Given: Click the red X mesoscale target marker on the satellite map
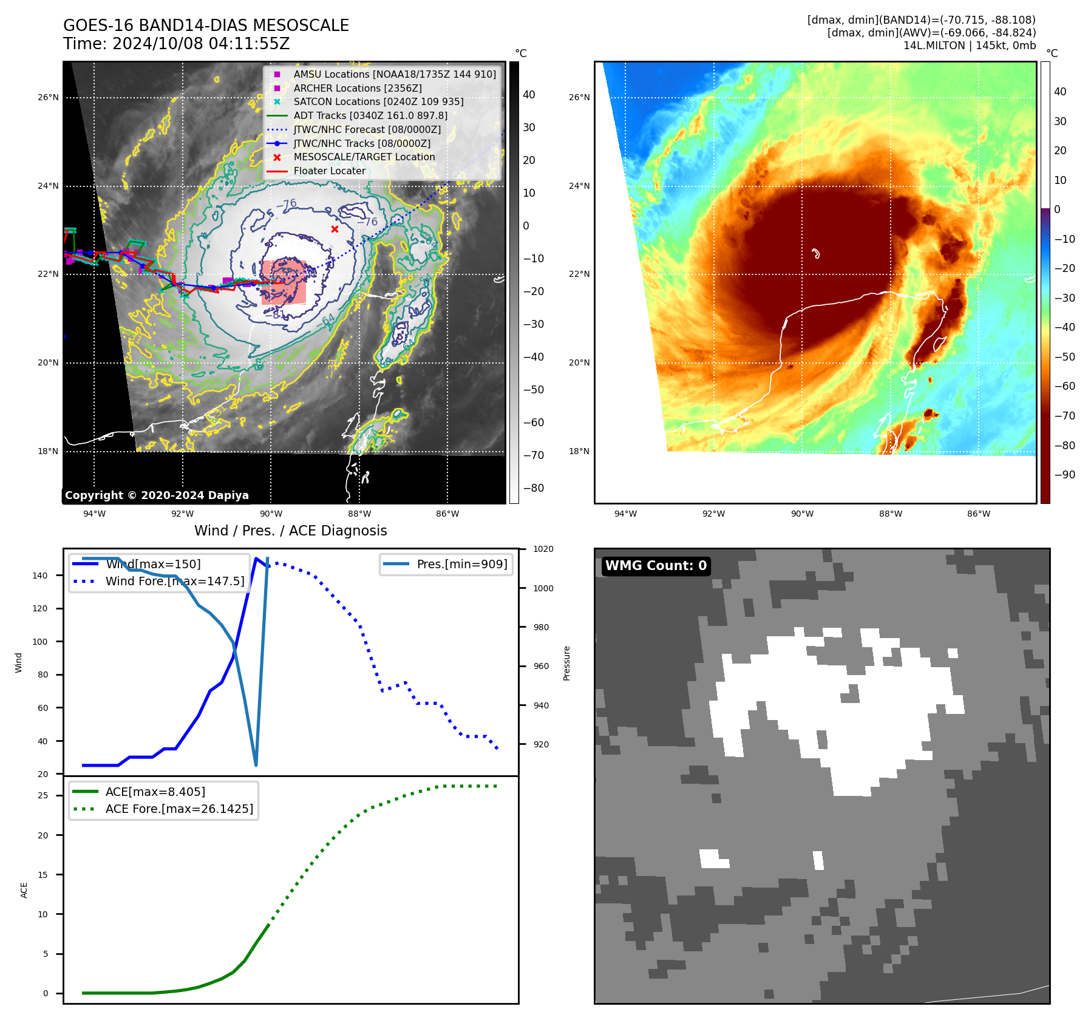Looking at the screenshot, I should tap(335, 229).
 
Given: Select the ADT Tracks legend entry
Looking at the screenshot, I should tap(370, 115).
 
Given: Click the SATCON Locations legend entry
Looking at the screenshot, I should tap(378, 101).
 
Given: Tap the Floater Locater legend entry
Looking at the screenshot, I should tap(329, 171).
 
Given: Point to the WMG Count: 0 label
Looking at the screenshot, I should tap(656, 566).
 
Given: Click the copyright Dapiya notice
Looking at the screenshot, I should tap(157, 495).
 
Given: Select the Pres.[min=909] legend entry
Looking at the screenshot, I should tap(461, 564).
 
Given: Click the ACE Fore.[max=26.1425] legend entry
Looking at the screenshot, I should tap(179, 809).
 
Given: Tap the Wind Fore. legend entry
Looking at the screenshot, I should tap(175, 581).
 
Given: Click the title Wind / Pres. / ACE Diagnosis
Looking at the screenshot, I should tap(290, 531).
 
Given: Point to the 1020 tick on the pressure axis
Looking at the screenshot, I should tap(543, 549).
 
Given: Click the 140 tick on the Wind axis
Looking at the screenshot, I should tap(40, 576).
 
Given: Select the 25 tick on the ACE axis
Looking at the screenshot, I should tap(43, 795).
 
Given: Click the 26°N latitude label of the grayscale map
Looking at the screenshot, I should tap(49, 97).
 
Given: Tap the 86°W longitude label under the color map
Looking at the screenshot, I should tap(978, 514).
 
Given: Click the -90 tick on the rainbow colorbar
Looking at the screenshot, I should tap(1064, 475).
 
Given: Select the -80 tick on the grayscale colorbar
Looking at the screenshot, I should tap(534, 488).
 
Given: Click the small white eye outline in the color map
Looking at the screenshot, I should tap(816, 253).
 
